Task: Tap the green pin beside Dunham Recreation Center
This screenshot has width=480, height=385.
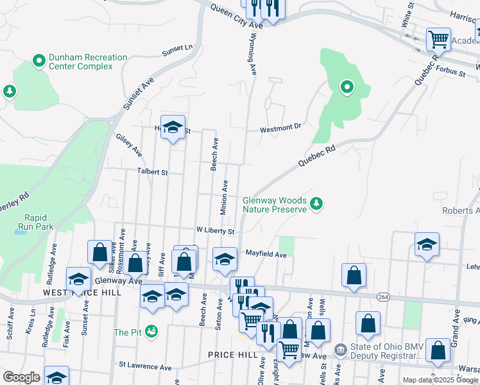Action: coord(39,62)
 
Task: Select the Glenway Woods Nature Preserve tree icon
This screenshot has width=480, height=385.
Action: coord(316,204)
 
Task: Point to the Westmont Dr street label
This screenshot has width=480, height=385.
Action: coord(280,129)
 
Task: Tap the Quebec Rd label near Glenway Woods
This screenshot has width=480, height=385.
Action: coord(317,157)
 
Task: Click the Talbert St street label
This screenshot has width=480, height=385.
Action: coord(151,172)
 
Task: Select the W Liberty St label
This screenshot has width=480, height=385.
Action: coord(216,230)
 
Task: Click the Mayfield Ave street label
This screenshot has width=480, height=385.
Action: coord(266,254)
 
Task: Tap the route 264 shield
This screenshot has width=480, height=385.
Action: coord(383,296)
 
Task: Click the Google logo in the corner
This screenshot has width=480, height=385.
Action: coord(21,378)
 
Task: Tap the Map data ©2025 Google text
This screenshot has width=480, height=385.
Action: coord(440,380)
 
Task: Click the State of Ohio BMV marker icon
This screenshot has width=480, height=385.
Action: coord(340,350)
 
